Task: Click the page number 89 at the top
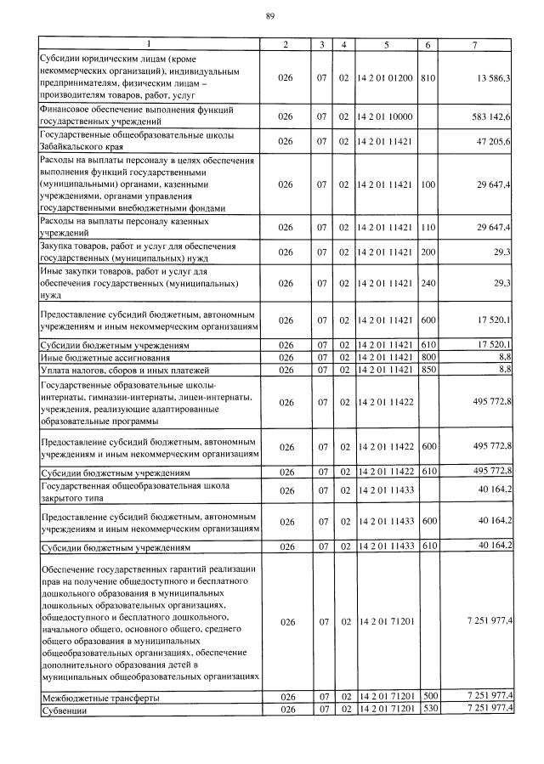[x=269, y=16]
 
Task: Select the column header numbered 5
[x=386, y=43]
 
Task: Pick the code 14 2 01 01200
[x=386, y=77]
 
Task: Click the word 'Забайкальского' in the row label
[x=76, y=146]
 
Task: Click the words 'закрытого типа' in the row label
[x=76, y=496]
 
